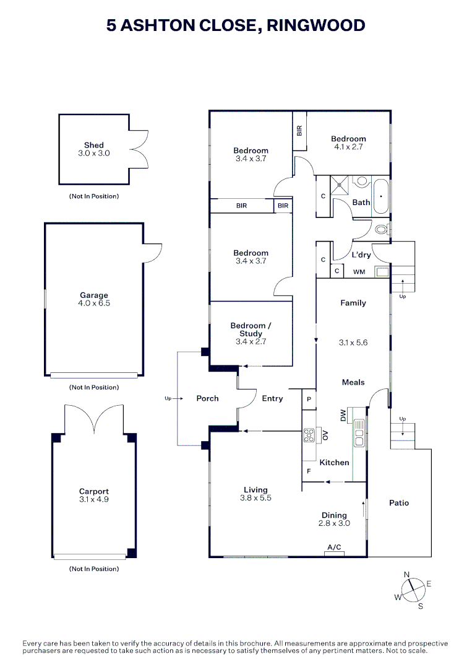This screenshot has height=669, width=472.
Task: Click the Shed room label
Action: pos(94,146)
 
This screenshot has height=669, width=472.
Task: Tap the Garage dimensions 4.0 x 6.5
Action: pos(94,304)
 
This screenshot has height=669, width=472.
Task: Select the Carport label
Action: pos(94,492)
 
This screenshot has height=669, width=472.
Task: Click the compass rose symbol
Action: pos(411,589)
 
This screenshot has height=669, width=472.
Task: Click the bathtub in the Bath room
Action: pos(380,196)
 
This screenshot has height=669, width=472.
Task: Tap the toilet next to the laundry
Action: pos(382,229)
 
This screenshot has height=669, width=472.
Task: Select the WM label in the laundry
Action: pos(359,272)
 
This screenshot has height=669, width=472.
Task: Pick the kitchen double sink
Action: pos(359,433)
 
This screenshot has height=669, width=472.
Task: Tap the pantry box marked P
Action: pos(309,400)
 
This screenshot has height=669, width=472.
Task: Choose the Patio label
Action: pos(399,503)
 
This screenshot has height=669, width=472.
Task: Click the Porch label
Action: pos(208,398)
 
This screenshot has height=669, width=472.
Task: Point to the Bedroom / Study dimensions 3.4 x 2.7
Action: pos(251,341)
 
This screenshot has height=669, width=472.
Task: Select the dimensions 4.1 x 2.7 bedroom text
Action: pos(348,147)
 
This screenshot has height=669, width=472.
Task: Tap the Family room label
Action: pos(353,303)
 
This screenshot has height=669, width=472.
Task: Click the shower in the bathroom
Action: pos(340,183)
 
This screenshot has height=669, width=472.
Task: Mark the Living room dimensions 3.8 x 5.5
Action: pos(255,498)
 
